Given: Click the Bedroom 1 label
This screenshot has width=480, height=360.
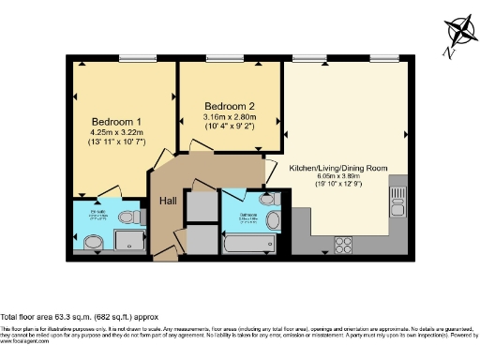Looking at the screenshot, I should click(x=117, y=122).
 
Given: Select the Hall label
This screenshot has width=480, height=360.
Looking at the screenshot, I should click(x=169, y=202).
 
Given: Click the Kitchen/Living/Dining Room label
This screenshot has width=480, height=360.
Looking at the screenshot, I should click(x=338, y=167).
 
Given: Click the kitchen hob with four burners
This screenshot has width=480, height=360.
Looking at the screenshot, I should click(x=342, y=245).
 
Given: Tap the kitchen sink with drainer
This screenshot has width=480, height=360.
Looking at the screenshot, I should click(x=397, y=198).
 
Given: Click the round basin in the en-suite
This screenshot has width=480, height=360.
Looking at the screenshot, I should click(x=94, y=244).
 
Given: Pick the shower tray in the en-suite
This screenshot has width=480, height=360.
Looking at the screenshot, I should click(x=129, y=242).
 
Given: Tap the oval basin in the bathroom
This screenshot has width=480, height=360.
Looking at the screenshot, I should click(x=274, y=221).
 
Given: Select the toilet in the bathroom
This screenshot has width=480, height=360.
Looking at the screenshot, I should click(x=266, y=200).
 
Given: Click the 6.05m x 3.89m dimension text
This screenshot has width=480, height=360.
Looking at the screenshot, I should click(x=338, y=176).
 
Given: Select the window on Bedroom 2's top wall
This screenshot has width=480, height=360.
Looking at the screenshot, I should click(x=221, y=60).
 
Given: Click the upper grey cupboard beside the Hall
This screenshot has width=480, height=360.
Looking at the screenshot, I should click(x=200, y=204).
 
